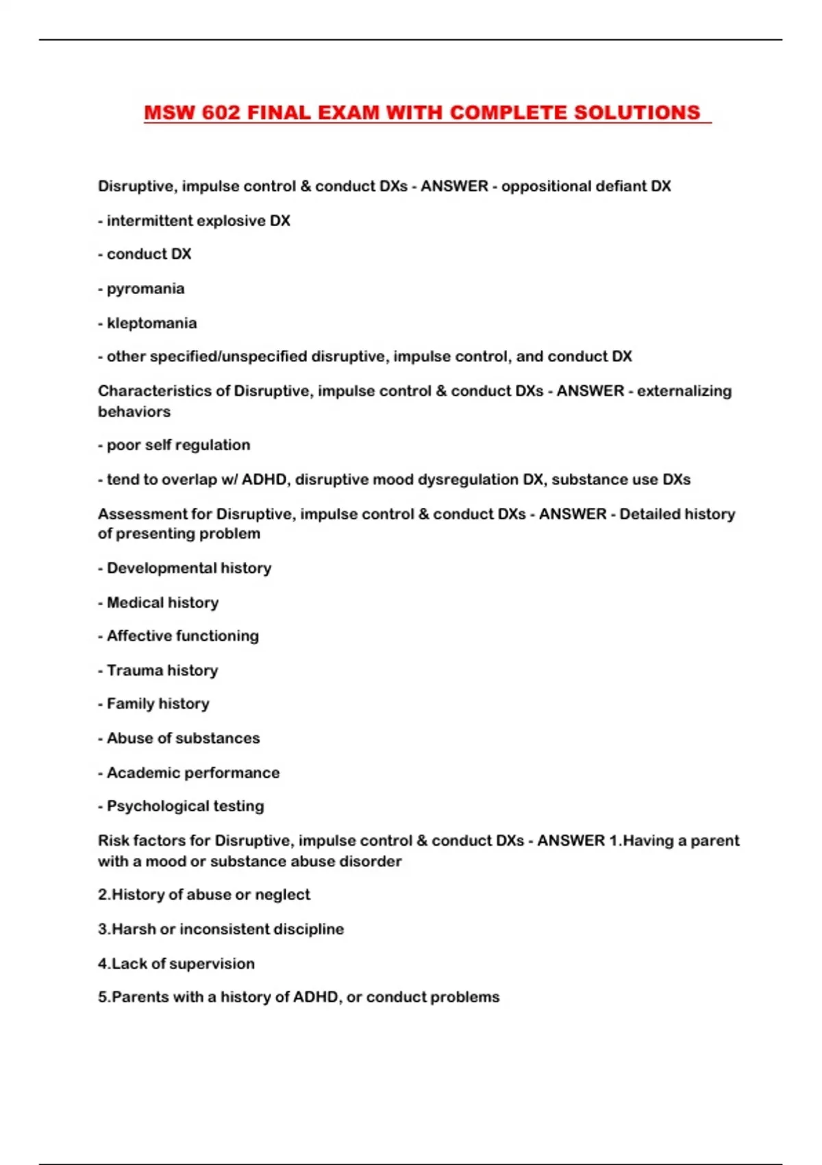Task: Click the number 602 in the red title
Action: (x=221, y=112)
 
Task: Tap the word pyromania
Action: (x=145, y=289)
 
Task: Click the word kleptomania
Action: (x=151, y=323)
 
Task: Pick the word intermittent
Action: (x=149, y=221)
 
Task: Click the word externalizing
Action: (x=684, y=391)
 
